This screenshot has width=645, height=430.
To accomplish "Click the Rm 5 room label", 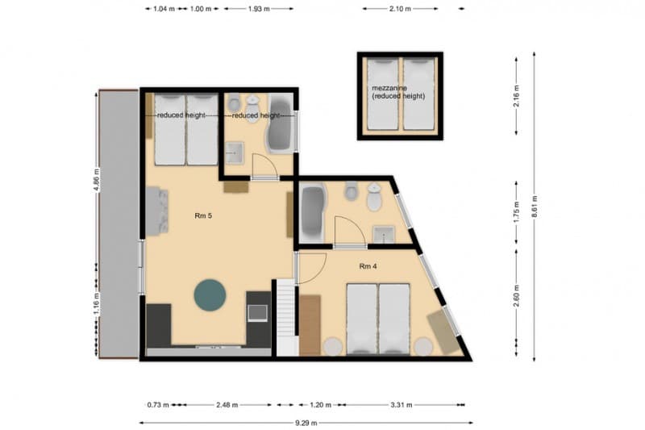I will click(x=203, y=215).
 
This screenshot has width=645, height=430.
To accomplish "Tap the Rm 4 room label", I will click(x=368, y=266).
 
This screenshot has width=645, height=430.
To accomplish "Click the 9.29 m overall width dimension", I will click(x=305, y=422).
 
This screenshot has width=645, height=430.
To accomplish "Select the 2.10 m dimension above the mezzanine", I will click(x=401, y=9).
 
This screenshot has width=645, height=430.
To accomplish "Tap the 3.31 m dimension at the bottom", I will click(x=402, y=405).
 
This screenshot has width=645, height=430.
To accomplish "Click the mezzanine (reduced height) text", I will click(x=398, y=91).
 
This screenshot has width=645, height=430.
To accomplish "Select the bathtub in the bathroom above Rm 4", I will click(x=312, y=211).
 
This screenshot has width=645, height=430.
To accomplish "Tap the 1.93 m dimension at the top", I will click(x=259, y=9).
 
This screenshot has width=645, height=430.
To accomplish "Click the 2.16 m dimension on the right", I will click(x=516, y=97).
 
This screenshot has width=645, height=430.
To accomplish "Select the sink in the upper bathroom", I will click(x=235, y=152).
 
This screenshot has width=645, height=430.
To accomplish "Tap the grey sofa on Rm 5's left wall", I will click(x=156, y=211).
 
